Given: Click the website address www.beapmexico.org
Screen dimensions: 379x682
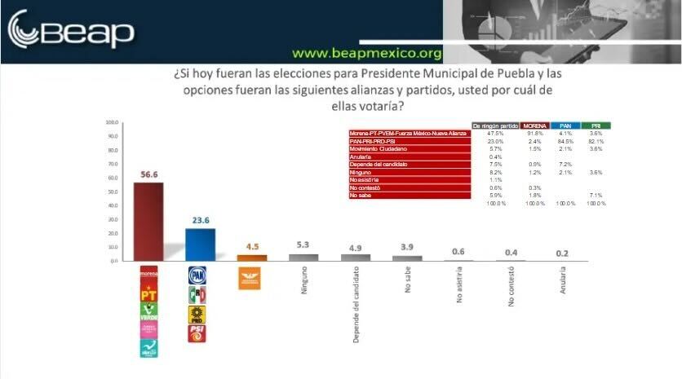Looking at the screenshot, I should pos(367,54).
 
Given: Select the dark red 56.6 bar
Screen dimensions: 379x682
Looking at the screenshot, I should pos(148,221).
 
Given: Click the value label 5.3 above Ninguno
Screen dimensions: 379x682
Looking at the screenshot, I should pos(303,245).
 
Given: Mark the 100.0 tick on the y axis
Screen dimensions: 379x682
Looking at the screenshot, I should pos(112,123).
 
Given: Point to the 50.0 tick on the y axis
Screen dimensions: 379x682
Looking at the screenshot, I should pos(112,192).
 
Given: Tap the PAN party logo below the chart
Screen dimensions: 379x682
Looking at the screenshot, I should pos(197,275).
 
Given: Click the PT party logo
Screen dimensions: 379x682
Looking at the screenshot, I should pos(148,294).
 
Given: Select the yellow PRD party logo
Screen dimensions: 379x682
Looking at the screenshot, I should pos(197,314).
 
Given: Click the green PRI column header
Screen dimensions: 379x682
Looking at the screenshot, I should pos(596,126).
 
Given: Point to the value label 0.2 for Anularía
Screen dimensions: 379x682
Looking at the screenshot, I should pos(563,253).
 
